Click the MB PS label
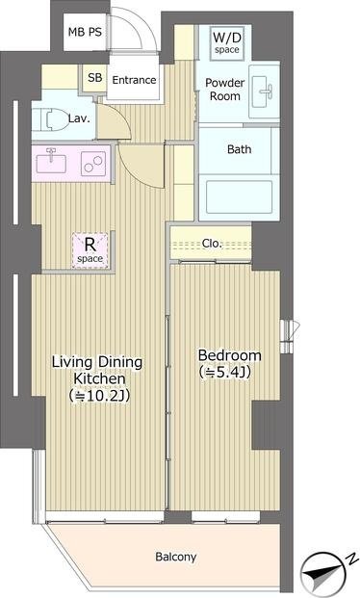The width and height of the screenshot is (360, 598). (x=85, y=32)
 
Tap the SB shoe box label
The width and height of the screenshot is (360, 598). (x=95, y=77)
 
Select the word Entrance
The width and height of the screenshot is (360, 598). (x=134, y=80)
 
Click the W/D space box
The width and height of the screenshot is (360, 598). (x=227, y=43)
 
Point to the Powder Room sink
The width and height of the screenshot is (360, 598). (x=264, y=91)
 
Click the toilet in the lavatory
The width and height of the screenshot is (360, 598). (x=50, y=119)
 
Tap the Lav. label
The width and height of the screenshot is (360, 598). (x=79, y=118)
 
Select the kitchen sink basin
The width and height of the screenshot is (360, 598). (x=51, y=164)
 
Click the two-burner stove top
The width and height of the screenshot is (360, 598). (x=93, y=164)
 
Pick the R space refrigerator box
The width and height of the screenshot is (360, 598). (x=90, y=249)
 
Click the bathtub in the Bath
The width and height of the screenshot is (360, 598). (x=239, y=196)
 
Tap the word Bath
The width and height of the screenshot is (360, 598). (x=239, y=148)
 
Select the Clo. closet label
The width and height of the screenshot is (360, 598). (x=212, y=243)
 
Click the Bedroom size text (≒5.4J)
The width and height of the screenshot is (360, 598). (x=225, y=372)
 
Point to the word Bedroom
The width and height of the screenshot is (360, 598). (x=230, y=355)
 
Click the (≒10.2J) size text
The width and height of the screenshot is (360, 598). (x=99, y=396)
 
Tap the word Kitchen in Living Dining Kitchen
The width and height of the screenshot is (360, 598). (x=99, y=378)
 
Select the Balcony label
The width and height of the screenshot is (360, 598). (x=176, y=557)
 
